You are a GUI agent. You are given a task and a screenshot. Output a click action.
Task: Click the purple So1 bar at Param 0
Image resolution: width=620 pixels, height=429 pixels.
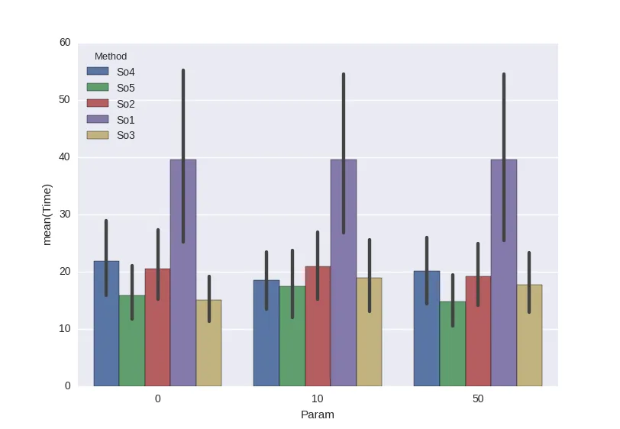tap(183, 305)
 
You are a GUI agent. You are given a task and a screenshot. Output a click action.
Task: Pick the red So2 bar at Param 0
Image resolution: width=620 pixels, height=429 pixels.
tap(157, 336)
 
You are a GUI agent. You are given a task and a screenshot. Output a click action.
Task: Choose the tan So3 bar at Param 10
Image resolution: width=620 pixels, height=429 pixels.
tap(369, 336)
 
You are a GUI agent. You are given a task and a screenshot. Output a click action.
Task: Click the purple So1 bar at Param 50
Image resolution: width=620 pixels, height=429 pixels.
tap(504, 305)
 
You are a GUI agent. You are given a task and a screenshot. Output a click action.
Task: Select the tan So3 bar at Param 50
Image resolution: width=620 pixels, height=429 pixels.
tap(529, 340)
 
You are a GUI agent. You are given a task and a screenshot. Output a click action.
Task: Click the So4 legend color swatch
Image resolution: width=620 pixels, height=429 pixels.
tap(98, 72)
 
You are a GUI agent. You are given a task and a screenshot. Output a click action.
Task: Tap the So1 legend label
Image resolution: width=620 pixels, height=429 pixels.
tap(126, 120)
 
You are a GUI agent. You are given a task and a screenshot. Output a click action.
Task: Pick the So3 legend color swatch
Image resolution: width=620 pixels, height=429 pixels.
tap(98, 136)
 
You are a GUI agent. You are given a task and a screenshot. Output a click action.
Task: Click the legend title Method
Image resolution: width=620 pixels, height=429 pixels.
tap(110, 56)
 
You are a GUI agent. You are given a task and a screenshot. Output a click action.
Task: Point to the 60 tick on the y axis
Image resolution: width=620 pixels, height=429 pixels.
tap(65, 43)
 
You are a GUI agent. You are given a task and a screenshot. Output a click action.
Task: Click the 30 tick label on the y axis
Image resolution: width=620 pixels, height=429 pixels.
tap(65, 214)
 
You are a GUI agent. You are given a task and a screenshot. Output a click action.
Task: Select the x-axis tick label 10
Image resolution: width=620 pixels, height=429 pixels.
tap(318, 399)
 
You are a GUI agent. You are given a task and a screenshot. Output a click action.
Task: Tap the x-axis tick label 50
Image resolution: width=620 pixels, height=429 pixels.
tap(478, 399)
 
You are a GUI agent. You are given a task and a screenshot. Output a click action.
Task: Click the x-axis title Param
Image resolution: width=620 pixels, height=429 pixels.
tap(318, 415)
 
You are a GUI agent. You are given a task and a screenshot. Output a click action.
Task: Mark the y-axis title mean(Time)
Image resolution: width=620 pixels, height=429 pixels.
tap(47, 214)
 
